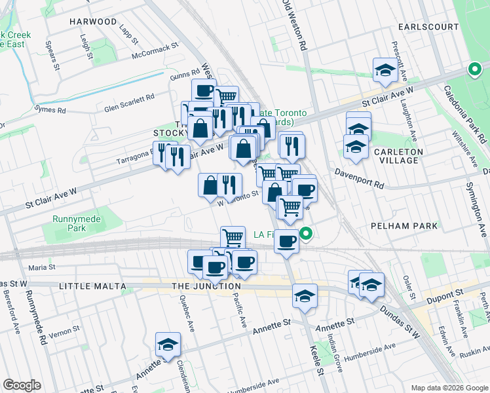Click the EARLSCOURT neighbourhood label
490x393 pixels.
(x=430, y=26)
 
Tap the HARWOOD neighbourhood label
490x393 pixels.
(x=93, y=22)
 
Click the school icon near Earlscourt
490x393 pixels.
(x=385, y=70)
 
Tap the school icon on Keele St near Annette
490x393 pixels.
(x=305, y=296)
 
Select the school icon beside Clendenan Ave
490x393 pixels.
(x=168, y=345)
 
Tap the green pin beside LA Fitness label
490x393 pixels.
(x=306, y=233)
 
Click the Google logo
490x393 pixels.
(x=22, y=385)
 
